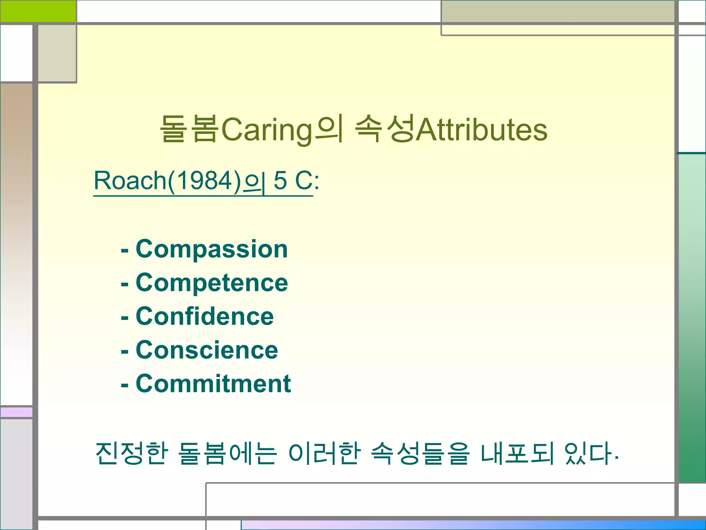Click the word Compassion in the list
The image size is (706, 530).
[212, 249]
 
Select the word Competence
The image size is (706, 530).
[212, 283]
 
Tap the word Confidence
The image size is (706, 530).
[205, 316]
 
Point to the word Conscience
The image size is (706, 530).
[207, 350]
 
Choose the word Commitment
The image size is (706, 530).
[213, 384]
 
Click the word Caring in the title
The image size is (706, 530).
[266, 130]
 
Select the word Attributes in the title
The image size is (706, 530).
[482, 130]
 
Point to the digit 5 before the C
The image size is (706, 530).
[280, 180]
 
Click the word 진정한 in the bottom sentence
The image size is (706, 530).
[132, 453]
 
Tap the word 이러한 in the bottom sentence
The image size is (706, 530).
[324, 453]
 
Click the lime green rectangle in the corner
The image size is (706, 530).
[38, 11]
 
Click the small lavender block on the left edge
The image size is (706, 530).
[16, 412]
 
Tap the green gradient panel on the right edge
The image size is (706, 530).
[692, 317]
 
